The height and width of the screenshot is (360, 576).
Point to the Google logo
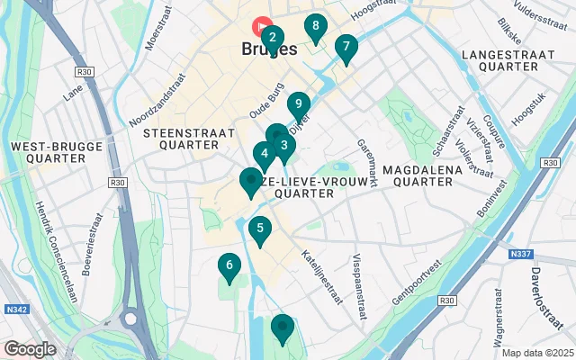click(x=30, y=348)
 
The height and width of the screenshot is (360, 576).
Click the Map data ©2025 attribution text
click(x=536, y=353)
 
